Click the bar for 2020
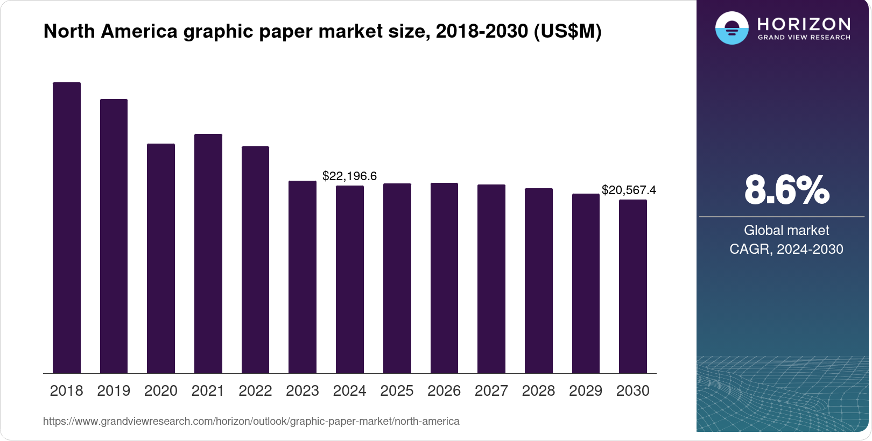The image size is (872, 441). pos(161,258)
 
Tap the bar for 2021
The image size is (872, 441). pos(208,253)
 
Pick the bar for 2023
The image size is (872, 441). pos(303,277)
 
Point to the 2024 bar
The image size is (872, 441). pos(350,279)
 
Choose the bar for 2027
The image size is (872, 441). pos(491,279)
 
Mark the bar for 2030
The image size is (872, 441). pos(633,286)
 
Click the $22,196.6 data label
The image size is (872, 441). pos(349,176)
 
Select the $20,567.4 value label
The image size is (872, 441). pos(629,190)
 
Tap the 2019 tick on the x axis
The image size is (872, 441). pos(114,390)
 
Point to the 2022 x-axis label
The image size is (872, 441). pos(255,390)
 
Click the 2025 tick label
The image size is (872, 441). pos(397,390)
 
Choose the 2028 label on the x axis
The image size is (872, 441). pos(538,390)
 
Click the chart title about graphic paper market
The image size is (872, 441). pos(322,31)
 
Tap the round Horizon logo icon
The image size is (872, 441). pos(732,28)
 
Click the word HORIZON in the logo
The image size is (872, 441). pos(804,24)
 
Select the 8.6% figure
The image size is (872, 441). pos(786,190)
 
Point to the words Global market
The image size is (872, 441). pos(786,230)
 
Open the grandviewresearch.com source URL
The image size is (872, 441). pos(251,421)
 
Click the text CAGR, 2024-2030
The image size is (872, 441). pos(786,249)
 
